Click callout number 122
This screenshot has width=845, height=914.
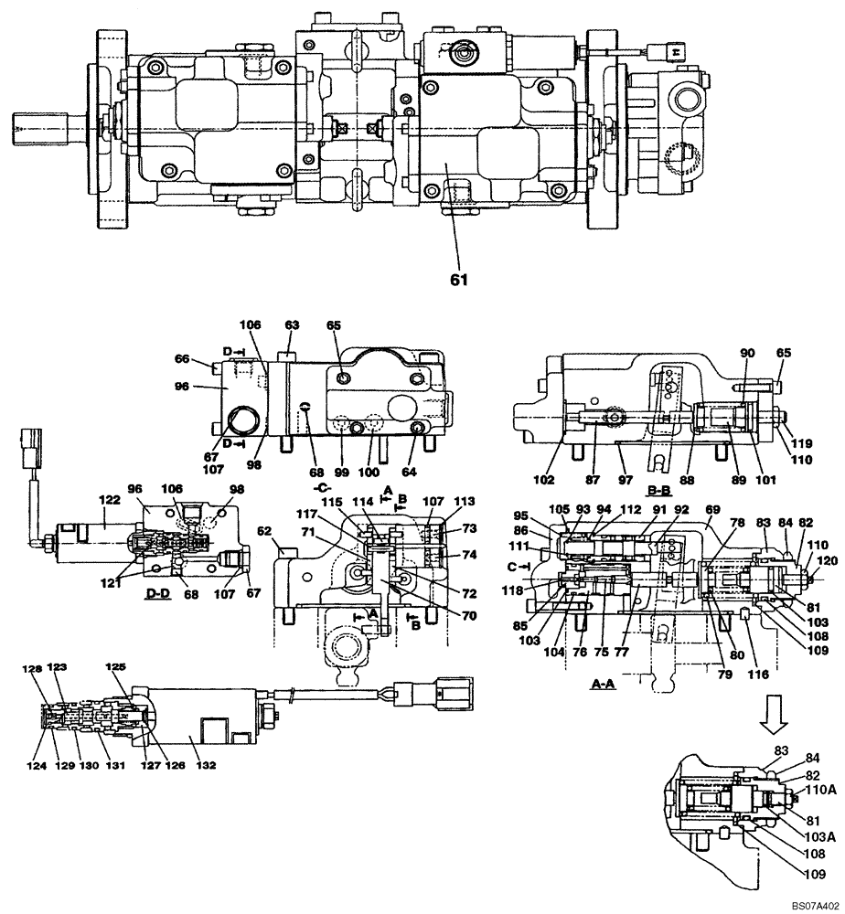[109, 500]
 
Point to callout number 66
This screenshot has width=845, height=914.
[183, 359]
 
